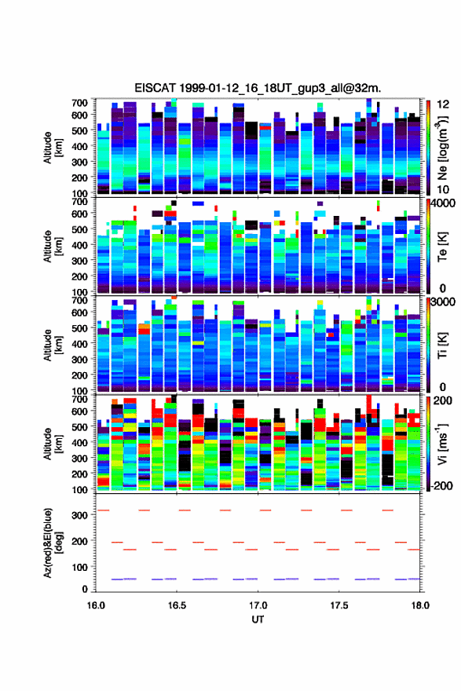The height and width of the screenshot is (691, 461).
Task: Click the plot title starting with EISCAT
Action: coord(258,88)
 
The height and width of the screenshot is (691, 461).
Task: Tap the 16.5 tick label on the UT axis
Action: coord(176,605)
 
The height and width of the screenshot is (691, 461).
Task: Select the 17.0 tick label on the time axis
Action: coord(258,605)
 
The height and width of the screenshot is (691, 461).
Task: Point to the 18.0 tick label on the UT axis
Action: coord(420,605)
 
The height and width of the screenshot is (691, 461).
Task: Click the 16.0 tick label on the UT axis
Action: coord(96,605)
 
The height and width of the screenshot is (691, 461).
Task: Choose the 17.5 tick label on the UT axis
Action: coord(339,605)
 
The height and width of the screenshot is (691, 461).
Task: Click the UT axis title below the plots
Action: coord(258,620)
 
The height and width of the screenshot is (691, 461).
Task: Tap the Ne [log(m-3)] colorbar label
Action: coord(442,148)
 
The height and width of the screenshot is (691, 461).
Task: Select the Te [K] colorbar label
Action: coord(442,247)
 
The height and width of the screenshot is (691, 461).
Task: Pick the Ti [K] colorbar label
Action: coord(442,345)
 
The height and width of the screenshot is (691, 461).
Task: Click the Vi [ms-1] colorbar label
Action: coord(442,444)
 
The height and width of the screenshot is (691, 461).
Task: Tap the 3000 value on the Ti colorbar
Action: coord(443,302)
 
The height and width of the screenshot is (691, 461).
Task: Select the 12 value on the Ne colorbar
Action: coord(443,104)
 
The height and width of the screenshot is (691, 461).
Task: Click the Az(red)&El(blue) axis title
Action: coord(53,542)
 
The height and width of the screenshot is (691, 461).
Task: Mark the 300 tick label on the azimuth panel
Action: coord(80,515)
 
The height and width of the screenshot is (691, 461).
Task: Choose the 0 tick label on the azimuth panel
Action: coord(85,589)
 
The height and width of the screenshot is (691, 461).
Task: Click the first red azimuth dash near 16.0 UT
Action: coord(103,510)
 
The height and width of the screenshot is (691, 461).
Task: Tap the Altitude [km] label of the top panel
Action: coord(53,148)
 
